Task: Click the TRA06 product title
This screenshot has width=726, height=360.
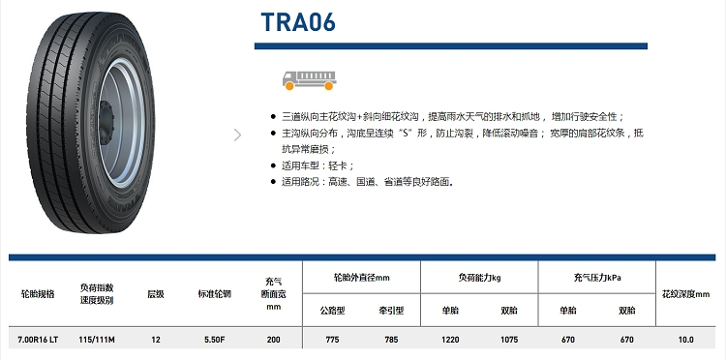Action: tap(298, 22)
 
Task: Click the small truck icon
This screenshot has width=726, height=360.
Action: tap(310, 80)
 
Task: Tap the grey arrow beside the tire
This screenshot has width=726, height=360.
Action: tap(237, 135)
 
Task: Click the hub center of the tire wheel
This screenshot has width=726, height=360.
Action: tap(106, 123)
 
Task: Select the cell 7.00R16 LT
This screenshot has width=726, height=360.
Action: tap(38, 340)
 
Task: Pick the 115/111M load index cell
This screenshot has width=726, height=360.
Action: tap(97, 340)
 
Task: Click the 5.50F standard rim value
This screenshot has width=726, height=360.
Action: tap(214, 340)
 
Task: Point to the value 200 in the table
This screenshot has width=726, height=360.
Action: tap(274, 340)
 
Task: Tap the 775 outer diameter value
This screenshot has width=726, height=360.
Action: tap(332, 340)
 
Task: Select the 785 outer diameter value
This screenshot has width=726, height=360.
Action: tap(391, 340)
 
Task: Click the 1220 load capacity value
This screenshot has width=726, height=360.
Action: tap(450, 340)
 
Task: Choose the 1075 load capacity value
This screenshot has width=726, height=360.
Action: tap(509, 340)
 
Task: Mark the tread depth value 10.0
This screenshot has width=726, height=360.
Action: tap(685, 340)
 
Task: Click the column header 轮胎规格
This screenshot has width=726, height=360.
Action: tap(38, 294)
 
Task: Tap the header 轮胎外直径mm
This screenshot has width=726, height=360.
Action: tap(362, 278)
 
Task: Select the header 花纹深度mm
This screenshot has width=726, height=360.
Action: tap(685, 294)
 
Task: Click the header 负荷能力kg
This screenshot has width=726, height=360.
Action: tap(480, 278)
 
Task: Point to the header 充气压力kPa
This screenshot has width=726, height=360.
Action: tap(597, 278)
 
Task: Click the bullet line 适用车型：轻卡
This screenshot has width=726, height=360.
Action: tap(314, 165)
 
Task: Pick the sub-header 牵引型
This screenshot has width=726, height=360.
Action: tap(391, 311)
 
